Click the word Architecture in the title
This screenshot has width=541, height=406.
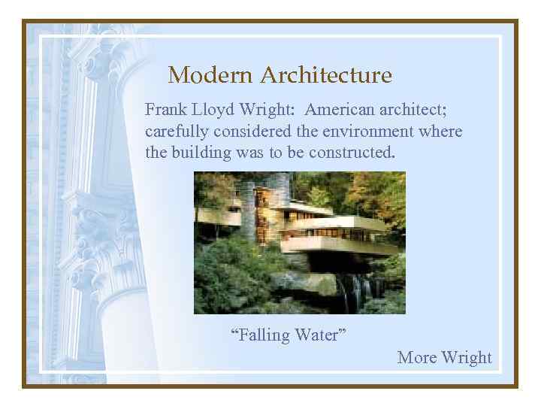(326, 75)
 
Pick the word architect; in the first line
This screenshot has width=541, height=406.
(414, 110)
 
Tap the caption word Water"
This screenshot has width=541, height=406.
(321, 335)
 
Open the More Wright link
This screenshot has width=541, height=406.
(444, 357)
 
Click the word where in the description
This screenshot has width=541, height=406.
(443, 132)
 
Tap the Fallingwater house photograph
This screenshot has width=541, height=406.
(299, 242)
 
